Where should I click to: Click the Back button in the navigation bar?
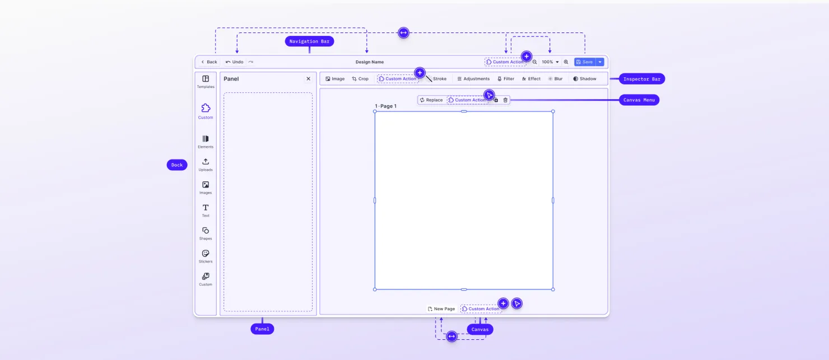[209, 62]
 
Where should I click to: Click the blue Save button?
[584, 62]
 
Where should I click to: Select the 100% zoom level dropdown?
[550, 62]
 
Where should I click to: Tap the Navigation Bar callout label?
[309, 41]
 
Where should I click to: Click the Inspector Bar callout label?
[642, 79]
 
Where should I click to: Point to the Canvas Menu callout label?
[639, 100]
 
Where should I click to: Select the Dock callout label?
[177, 165]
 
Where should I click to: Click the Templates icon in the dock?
[206, 79]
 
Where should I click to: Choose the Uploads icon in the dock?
[206, 162]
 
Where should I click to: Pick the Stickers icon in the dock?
[206, 254]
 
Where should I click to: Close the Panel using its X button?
[308, 78]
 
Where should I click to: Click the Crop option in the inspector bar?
[360, 79]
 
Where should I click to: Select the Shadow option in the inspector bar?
[585, 79]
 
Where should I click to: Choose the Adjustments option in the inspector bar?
[473, 79]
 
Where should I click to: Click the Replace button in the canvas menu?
[431, 100]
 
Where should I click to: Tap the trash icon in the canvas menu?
[505, 100]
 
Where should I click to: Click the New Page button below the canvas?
[441, 308]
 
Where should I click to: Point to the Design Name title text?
[369, 62]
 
